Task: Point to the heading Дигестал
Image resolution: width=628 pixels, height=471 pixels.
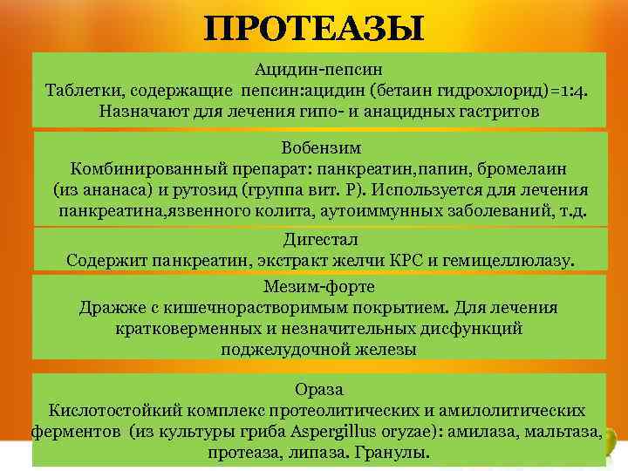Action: coord(320,238)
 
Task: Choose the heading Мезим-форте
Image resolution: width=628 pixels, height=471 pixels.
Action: coord(319,286)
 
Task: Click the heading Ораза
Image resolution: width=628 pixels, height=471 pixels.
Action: coord(319,388)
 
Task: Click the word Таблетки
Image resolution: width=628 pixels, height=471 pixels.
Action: coord(84,90)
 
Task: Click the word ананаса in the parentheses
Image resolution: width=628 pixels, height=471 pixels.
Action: coord(114,190)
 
